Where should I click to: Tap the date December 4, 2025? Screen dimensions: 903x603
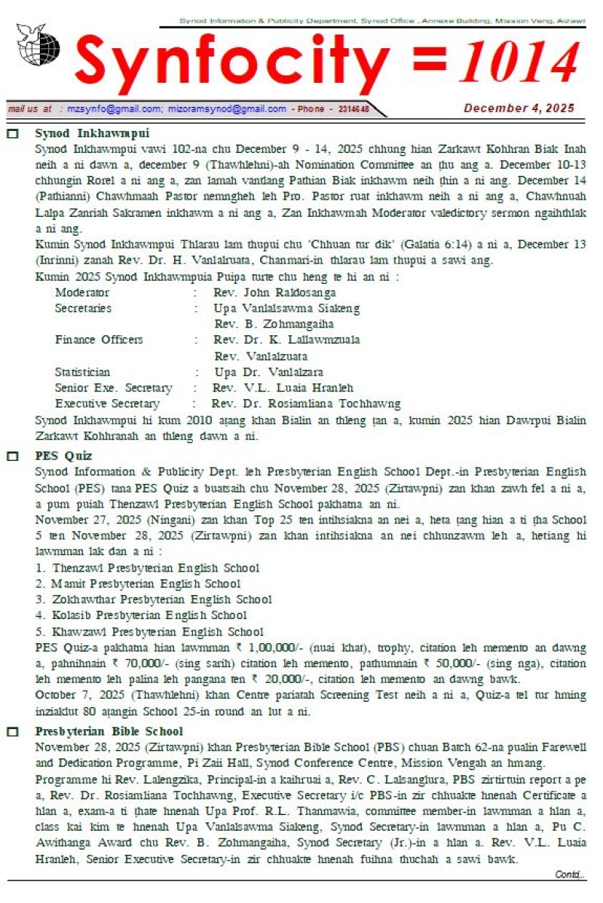coord(519,108)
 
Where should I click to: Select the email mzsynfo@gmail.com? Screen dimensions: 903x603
coord(114,109)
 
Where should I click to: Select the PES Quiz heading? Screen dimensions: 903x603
coord(63,456)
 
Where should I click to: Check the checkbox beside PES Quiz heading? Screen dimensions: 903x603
coord(13,456)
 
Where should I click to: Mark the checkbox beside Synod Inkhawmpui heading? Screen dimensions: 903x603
coord(13,133)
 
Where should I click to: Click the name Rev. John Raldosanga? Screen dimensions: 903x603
coord(274,292)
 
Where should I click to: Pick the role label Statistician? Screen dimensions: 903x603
coord(82,372)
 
